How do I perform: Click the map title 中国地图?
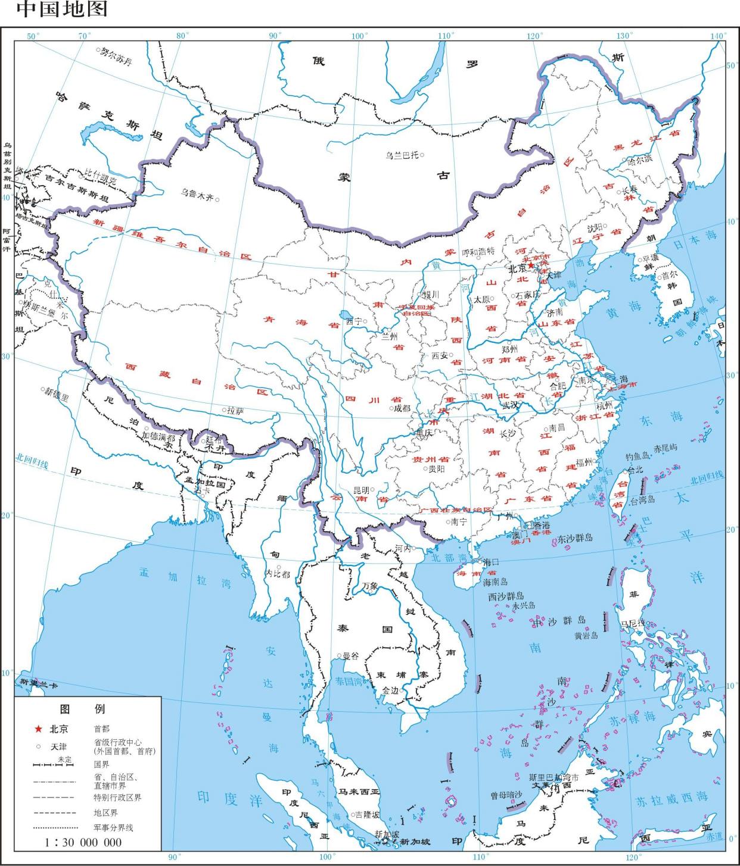tap(62, 10)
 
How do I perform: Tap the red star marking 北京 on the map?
tap(530, 265)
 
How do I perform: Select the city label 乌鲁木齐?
tap(197, 193)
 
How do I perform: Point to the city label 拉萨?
tap(235, 410)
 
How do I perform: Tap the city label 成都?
tap(402, 408)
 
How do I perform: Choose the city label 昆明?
tap(362, 490)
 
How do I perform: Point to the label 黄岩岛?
tap(586, 635)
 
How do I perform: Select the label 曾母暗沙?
tap(506, 795)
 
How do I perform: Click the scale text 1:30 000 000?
tap(83, 842)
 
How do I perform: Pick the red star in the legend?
tap(38, 729)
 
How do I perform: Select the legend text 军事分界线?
tap(113, 827)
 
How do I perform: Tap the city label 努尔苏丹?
tap(116, 56)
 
